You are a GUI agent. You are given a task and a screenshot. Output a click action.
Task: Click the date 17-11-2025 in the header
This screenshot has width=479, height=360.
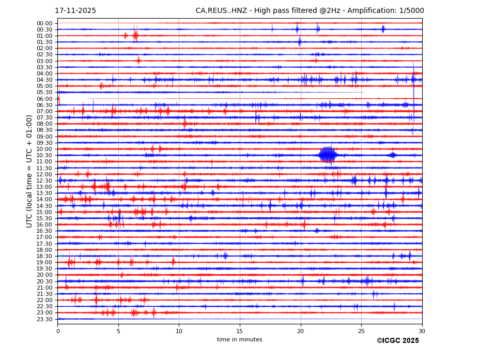point(75,11)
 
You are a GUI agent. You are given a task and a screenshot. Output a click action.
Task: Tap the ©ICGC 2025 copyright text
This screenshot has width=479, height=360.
point(397,341)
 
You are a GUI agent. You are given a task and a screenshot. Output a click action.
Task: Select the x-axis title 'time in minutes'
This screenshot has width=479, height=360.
point(239,340)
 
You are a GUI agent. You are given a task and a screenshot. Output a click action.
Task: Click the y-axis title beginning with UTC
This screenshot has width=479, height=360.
point(30,171)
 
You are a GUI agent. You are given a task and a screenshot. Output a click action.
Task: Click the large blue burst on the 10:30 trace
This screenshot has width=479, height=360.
point(328,155)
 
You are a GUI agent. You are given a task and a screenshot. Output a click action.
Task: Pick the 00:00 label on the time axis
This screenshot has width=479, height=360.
point(44,23)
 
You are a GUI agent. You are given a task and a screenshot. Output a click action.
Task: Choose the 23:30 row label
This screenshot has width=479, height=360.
point(44,319)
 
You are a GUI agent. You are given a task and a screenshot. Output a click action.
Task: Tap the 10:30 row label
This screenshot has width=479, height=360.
point(44,155)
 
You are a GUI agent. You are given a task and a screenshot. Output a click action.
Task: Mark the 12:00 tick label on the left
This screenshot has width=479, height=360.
point(44,174)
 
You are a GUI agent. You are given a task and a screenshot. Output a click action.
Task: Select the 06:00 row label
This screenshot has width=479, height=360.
point(44,99)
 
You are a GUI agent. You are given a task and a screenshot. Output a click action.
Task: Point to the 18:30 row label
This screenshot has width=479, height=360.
point(44,256)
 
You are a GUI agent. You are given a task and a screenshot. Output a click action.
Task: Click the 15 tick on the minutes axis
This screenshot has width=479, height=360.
point(240,331)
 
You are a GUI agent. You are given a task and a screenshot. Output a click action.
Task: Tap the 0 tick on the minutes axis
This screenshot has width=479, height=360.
point(58,331)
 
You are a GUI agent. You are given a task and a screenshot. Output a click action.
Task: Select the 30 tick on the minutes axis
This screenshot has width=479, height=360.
point(422,331)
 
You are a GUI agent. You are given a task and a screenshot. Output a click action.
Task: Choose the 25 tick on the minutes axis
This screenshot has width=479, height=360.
point(361,331)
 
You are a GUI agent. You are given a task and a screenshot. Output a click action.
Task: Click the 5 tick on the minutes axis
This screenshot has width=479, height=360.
point(118,331)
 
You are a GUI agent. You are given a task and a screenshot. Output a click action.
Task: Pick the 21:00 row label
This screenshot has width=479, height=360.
point(44,288)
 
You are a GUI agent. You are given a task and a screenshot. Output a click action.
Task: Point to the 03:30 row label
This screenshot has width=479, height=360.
point(44,67)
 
